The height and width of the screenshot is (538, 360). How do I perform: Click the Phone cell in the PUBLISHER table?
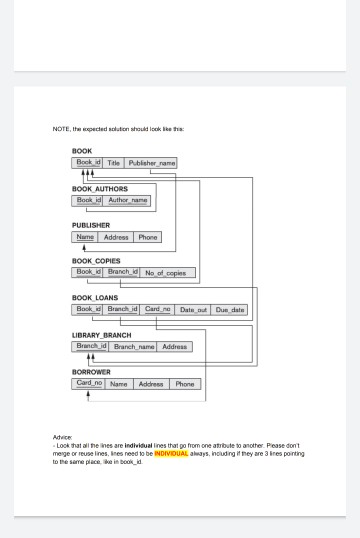tap(147, 237)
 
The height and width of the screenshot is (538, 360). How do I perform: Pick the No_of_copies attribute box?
tap(169, 272)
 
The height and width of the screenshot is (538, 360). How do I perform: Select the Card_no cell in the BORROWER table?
tap(88, 383)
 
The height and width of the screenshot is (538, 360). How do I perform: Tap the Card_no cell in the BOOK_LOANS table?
tap(159, 310)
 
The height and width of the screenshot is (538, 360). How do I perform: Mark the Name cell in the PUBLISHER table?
tap(85, 237)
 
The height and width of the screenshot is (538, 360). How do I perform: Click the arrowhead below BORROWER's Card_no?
tap(88, 394)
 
